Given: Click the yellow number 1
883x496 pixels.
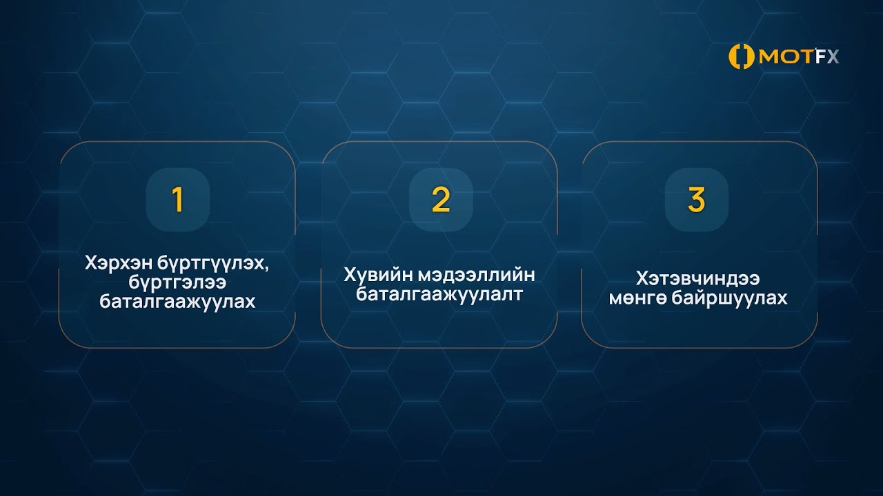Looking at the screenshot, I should pyautogui.click(x=177, y=199).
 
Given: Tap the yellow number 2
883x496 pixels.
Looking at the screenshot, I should pyautogui.click(x=440, y=199).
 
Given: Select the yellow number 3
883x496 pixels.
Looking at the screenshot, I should pyautogui.click(x=696, y=199).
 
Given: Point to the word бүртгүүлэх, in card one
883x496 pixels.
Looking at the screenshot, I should pyautogui.click(x=209, y=264).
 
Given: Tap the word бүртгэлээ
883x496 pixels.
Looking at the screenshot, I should pyautogui.click(x=177, y=282).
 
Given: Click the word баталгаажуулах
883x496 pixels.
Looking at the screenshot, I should pyautogui.click(x=177, y=302).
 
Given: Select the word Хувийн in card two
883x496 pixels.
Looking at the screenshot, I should pyautogui.click(x=376, y=275).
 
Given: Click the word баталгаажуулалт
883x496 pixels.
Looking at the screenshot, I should pyautogui.click(x=439, y=295).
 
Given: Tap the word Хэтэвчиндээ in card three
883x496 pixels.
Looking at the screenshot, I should pyautogui.click(x=697, y=279).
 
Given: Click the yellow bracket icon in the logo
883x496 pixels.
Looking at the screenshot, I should pyautogui.click(x=742, y=57).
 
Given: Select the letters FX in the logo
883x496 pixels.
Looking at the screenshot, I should pyautogui.click(x=826, y=57).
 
